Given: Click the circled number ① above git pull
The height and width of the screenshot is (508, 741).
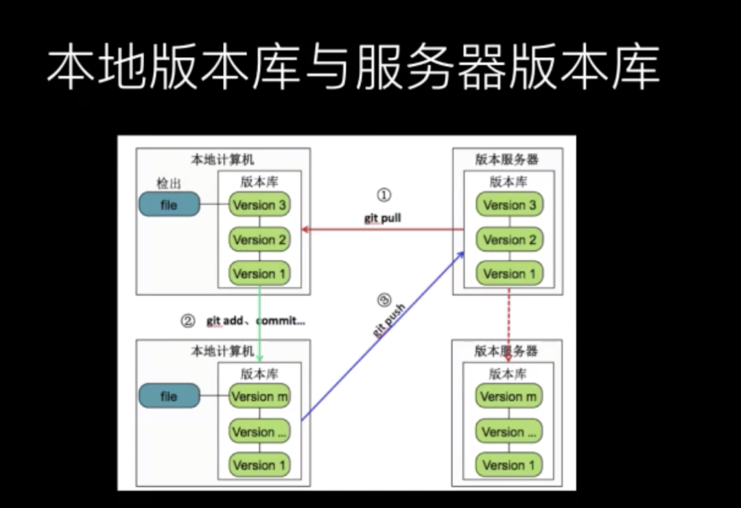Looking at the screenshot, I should pos(384,196).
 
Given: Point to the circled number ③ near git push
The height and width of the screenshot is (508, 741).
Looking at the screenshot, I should pos(384,299).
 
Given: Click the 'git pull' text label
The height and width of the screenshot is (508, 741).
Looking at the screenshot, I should pos(382,218).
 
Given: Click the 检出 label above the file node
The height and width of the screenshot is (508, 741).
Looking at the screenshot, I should pos(167,183).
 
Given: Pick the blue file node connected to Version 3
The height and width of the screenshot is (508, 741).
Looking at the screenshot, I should pos(169,205).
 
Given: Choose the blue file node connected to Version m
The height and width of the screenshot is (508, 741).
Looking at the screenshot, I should pos(169,396).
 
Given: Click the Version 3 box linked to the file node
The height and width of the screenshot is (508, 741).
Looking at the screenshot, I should pos(259,205).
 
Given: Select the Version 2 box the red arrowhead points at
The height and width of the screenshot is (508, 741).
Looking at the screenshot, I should pos(259,240).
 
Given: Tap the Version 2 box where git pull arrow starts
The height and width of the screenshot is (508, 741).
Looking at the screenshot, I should pos(509,240).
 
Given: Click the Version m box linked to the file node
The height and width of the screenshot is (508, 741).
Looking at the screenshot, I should pos(259,396).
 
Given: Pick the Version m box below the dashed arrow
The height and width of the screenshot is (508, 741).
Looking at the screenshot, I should pos(509,396).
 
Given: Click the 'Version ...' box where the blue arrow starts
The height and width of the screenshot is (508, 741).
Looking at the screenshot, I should pos(259,432).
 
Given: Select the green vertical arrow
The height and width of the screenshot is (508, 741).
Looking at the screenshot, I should pos(260,323).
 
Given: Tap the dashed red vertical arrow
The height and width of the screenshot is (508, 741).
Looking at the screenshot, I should pos(508,319).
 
